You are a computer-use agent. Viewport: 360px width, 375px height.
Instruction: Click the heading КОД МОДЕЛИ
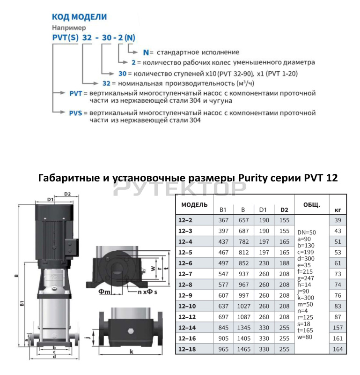(79, 17)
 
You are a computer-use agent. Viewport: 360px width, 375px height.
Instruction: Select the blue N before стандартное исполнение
(146, 52)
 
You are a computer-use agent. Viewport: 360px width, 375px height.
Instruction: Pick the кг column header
(338, 210)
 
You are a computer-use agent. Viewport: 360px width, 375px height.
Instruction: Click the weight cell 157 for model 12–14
(338, 328)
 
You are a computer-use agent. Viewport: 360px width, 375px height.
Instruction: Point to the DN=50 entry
(307, 232)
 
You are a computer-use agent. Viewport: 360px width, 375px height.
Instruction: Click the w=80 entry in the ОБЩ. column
(305, 337)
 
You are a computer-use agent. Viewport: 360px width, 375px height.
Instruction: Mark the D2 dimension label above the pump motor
(67, 194)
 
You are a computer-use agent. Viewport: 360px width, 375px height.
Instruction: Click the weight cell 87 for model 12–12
(338, 317)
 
